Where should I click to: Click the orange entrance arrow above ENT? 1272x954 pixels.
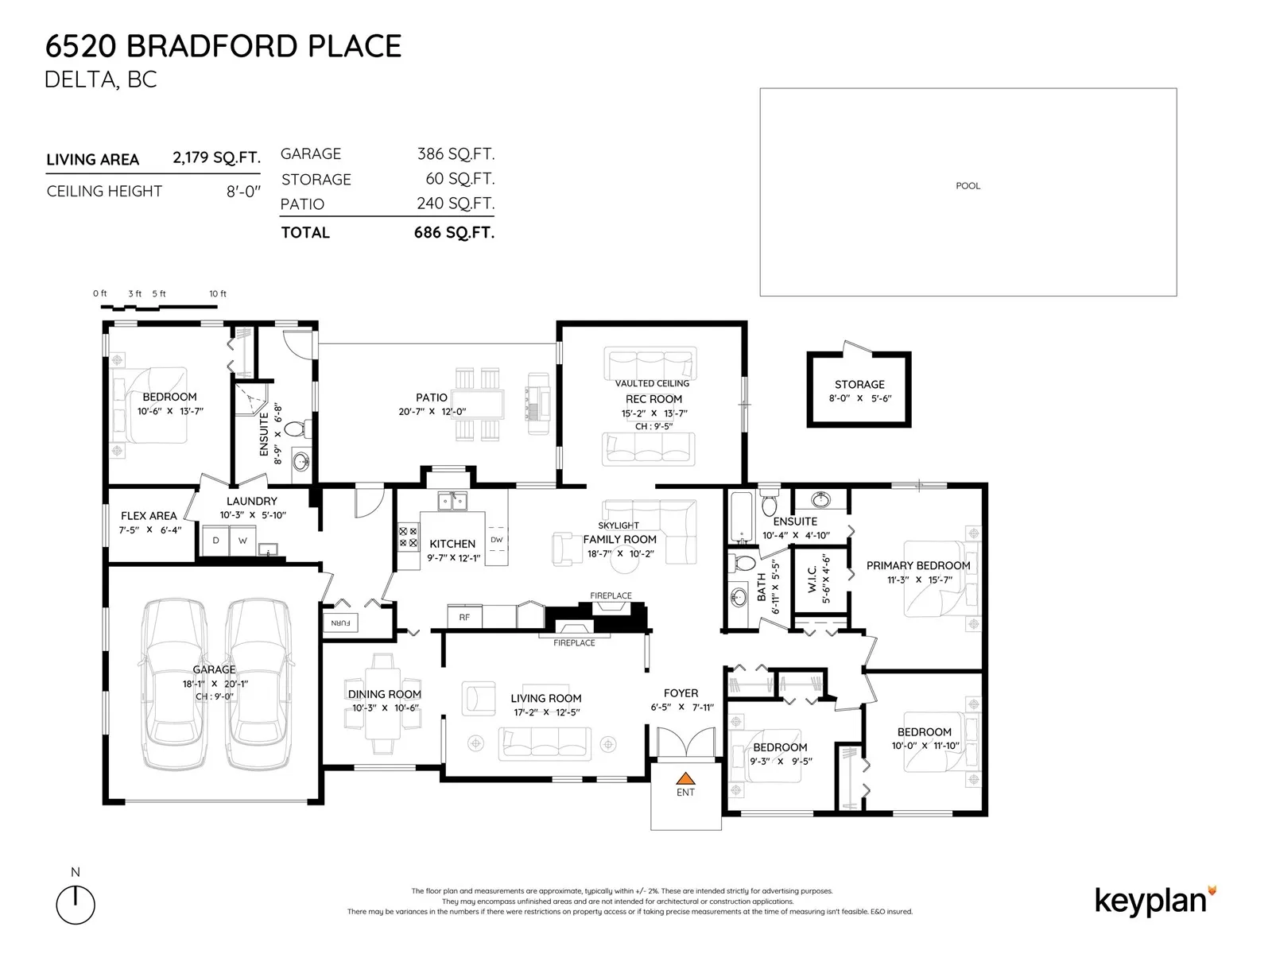[x=685, y=778]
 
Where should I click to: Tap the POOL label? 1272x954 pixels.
[x=968, y=186]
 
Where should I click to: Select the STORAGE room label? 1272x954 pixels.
[x=859, y=385]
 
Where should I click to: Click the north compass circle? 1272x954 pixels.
[x=76, y=905]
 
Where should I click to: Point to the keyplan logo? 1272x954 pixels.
[x=1155, y=902]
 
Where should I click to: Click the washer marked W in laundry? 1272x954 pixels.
[x=242, y=541]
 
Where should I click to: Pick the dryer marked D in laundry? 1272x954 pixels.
[x=215, y=541]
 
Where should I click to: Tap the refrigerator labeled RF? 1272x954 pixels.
[x=465, y=617]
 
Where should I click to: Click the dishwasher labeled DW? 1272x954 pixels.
[x=497, y=539]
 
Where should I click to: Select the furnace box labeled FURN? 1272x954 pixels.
[x=341, y=622]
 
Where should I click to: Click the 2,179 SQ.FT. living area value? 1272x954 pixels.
[x=216, y=157]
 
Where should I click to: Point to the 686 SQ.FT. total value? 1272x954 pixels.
[x=454, y=232]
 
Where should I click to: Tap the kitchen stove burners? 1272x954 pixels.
[x=408, y=537]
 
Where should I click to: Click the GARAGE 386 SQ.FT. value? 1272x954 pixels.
[x=456, y=154]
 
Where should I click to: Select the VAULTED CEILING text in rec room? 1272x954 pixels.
[x=652, y=383]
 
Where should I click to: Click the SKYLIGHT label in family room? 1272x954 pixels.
[x=619, y=525]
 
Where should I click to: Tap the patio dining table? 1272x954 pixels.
[x=478, y=404]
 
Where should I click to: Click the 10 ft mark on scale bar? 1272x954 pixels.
[x=218, y=293]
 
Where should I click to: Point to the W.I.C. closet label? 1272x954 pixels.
[x=812, y=580]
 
